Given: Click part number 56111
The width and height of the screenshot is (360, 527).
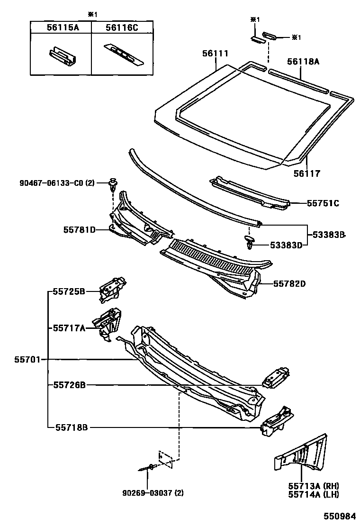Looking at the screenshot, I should (x=216, y=55).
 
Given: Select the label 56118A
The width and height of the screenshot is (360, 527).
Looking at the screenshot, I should (x=303, y=61).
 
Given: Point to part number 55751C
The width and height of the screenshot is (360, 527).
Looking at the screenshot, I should (x=323, y=203).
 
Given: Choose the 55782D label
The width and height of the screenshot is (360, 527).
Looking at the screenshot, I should (x=289, y=284).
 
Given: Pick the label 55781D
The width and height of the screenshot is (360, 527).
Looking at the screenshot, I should (x=80, y=230).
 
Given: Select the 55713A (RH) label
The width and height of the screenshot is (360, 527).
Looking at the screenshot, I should (x=314, y=486).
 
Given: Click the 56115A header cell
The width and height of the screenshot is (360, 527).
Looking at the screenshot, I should (x=62, y=28).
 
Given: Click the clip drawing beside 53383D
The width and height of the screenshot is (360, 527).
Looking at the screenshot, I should (x=250, y=243).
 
